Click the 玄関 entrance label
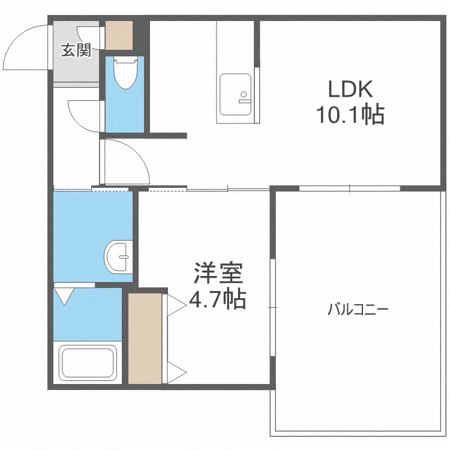pyautogui.click(x=75, y=51)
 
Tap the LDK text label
pyautogui.click(x=350, y=89)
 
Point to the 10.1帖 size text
pyautogui.click(x=350, y=114)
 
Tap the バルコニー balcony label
pyautogui.click(x=358, y=310)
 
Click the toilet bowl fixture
pyautogui.click(x=125, y=73)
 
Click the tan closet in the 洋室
pyautogui.click(x=145, y=338)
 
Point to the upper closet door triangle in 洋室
pyautogui.click(x=176, y=305)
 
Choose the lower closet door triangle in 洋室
pyautogui.click(x=176, y=373)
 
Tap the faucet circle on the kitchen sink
pyautogui.click(x=244, y=94)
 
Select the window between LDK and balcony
pyautogui.click(x=350, y=188)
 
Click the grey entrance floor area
pyautogui.click(x=75, y=69)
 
